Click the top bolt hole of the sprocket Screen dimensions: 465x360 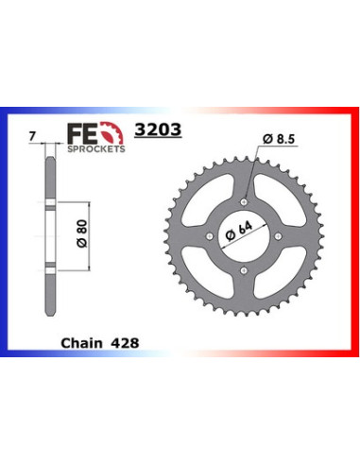coord(245,200)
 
